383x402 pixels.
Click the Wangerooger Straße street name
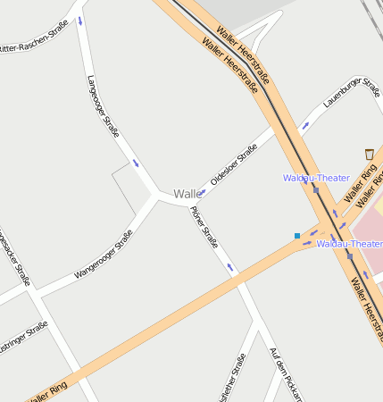104,254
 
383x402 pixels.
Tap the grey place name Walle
187,194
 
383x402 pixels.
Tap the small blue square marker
297,236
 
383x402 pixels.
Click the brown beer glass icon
370,155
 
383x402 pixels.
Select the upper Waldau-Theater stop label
316,178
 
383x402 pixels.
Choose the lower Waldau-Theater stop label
349,243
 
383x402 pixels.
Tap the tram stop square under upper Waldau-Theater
316,189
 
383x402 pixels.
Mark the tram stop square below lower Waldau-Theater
350,256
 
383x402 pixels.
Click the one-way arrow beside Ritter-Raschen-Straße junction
81,21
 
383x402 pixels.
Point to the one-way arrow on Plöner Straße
231,267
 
